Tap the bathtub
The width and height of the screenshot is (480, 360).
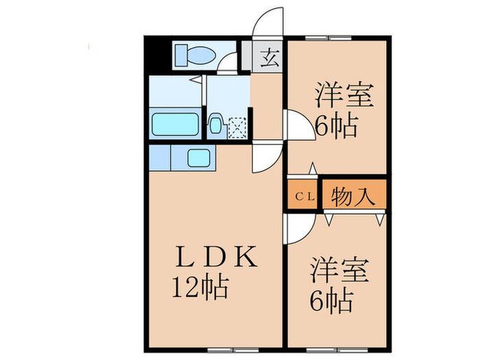click(174, 125)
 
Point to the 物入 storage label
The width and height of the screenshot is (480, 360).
click(353, 197)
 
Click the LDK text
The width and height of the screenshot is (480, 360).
click(215, 259)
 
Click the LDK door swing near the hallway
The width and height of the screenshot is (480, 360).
click(265, 158)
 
